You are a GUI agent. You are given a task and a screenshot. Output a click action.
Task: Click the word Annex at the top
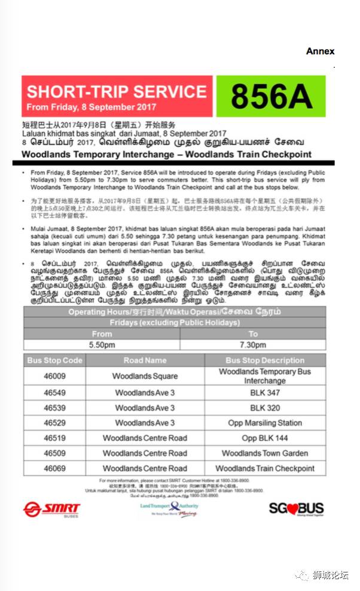pos(320,51)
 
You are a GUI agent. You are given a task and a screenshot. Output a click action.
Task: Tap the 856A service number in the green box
pos(271,96)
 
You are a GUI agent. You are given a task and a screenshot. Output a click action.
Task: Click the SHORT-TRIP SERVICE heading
pos(117,91)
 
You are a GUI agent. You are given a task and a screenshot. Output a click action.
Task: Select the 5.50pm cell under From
pos(102,345)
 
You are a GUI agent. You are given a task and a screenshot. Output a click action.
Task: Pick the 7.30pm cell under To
pos(253,345)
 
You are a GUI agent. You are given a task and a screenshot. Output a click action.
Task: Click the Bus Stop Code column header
pos(54,360)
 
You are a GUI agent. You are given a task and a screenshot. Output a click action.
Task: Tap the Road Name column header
pos(145,360)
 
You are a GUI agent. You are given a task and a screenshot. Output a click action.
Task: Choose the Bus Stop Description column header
pos(265,360)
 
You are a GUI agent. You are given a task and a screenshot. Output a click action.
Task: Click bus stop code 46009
pos(54,376)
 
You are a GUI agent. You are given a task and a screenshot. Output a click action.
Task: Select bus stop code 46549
pos(54,393)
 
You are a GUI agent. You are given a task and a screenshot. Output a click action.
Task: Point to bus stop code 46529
pos(54,422)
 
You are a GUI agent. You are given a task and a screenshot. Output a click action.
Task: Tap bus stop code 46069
pos(54,468)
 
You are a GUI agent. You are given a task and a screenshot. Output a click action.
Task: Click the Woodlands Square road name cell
pos(145,376)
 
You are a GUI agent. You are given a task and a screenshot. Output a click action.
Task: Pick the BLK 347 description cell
pos(265,393)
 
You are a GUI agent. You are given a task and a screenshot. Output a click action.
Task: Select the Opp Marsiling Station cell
pos(265,422)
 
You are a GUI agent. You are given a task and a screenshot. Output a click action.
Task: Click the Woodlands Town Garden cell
pos(265,453)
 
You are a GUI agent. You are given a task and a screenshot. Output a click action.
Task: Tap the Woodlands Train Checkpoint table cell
pos(265,468)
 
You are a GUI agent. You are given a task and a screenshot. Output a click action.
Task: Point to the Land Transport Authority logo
pos(168,508)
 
